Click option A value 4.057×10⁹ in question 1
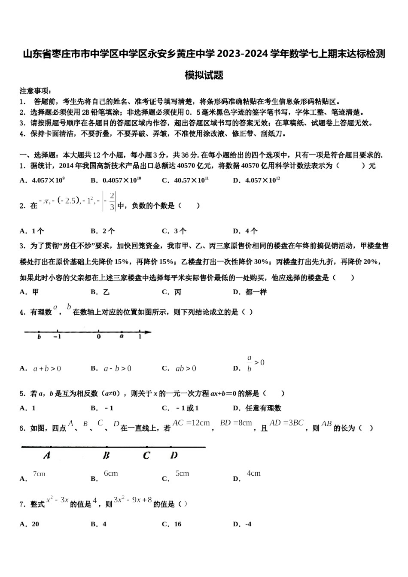(x=48, y=180)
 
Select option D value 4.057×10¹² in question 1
(x=262, y=180)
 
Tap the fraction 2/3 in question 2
(x=112, y=201)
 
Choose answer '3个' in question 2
(x=180, y=231)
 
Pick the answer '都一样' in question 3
(x=256, y=292)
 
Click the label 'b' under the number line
(x=39, y=337)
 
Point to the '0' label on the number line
(x=99, y=337)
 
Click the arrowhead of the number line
(x=148, y=332)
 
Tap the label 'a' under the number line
(x=122, y=337)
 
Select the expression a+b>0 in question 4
(x=47, y=368)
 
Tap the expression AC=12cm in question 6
(x=191, y=423)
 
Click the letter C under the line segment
(x=146, y=456)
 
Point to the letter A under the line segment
(x=47, y=456)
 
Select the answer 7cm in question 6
(x=39, y=474)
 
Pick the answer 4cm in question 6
(x=253, y=473)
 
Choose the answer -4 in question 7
(x=248, y=524)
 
